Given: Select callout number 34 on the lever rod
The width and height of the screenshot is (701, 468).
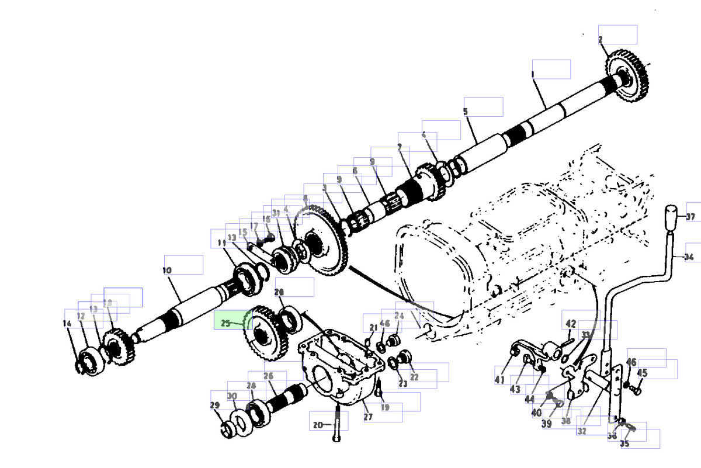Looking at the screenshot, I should click(689, 258).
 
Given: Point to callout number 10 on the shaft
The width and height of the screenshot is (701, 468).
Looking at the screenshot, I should click(167, 271).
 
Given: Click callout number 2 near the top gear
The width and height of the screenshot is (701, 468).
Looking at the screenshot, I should click(601, 40).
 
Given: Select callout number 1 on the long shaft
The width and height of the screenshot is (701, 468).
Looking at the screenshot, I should click(533, 74).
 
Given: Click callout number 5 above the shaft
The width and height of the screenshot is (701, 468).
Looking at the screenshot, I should click(466, 111).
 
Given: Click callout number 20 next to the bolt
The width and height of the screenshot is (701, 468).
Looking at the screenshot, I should click(318, 425).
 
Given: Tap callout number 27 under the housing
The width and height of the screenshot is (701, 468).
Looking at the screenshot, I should click(368, 417).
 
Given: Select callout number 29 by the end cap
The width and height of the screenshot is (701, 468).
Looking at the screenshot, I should click(214, 405).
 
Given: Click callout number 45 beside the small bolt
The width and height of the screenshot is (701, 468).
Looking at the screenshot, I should click(642, 373).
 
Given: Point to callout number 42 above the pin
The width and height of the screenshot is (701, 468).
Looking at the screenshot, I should click(571, 324).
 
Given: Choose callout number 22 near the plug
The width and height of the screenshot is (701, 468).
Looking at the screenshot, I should click(414, 377).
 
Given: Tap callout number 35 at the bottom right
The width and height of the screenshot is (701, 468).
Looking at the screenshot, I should click(624, 443).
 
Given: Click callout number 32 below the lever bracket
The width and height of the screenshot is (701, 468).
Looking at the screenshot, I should click(582, 431).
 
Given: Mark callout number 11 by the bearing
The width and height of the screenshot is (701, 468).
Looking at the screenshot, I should click(221, 242).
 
